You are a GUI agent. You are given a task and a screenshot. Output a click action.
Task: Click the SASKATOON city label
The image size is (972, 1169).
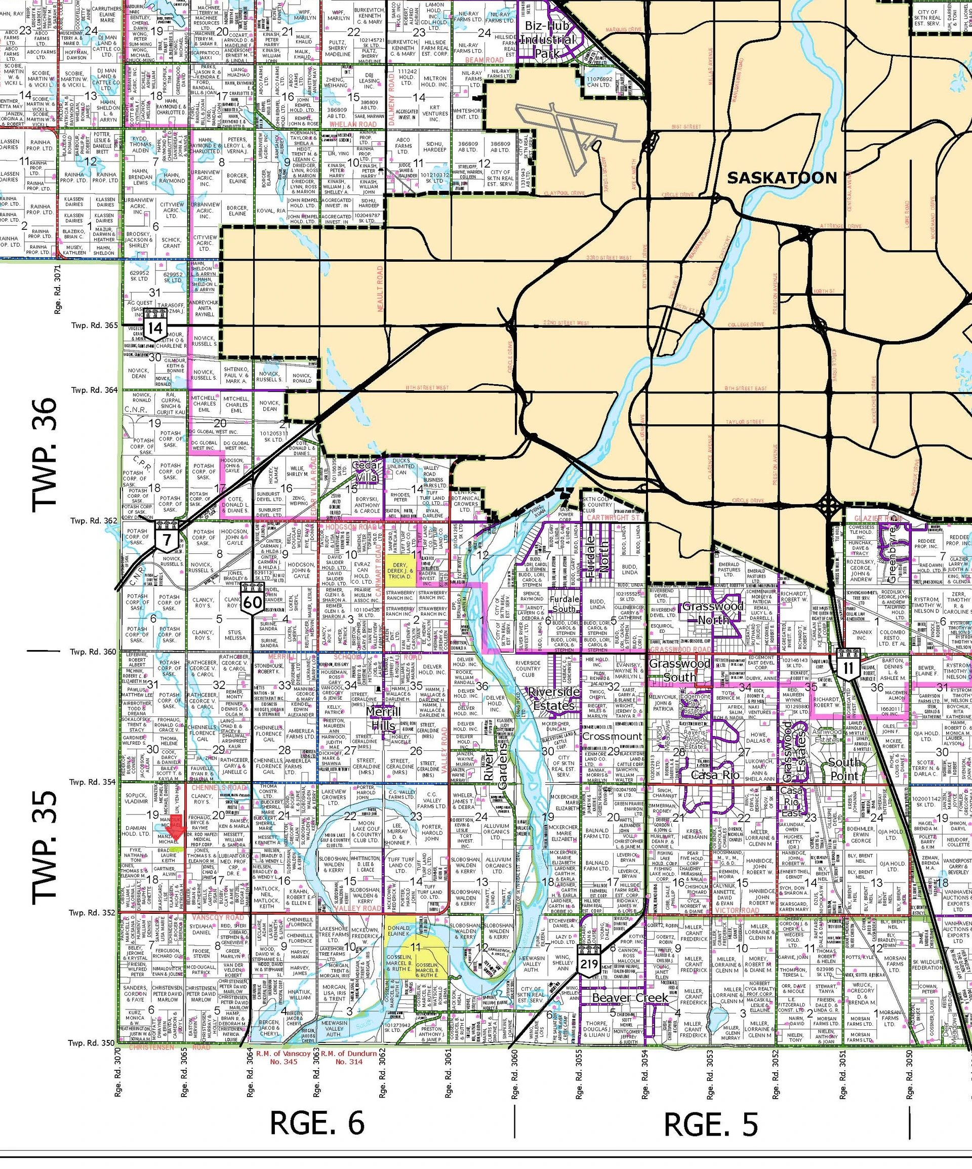(782, 178)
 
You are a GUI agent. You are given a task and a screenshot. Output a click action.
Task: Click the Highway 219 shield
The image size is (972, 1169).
(589, 963)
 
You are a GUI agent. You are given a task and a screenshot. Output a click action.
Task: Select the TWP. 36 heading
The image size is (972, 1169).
(45, 455)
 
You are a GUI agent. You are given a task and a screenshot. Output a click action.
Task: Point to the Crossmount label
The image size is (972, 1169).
(612, 736)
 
